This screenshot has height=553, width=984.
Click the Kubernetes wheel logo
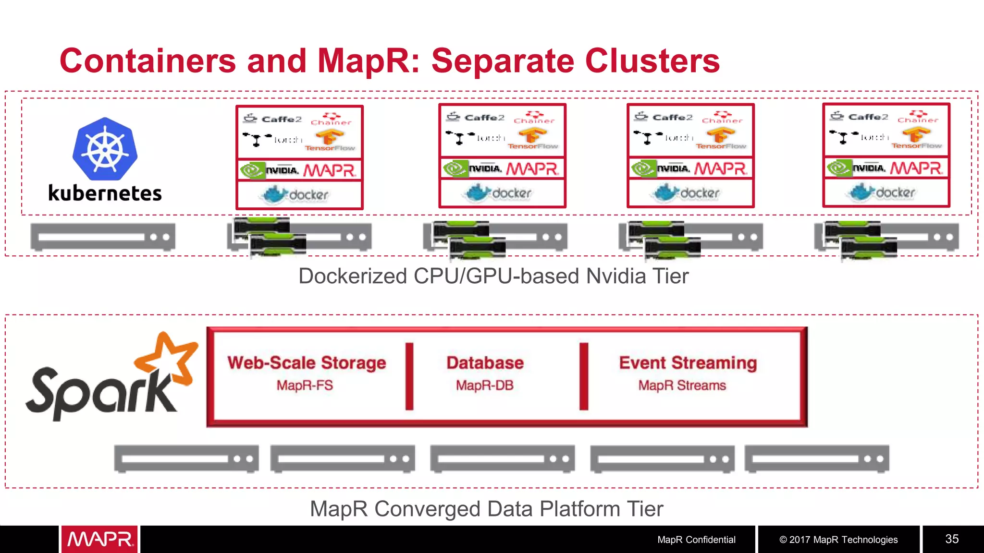[x=105, y=148]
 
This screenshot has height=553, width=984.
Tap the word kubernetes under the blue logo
[x=105, y=193]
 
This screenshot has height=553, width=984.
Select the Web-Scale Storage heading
[x=307, y=362]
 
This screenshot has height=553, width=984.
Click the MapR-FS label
[x=305, y=385]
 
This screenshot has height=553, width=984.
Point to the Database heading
[x=485, y=362]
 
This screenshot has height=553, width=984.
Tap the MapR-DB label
[x=484, y=385]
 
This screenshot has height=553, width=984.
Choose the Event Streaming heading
[x=688, y=362]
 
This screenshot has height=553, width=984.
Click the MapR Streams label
[x=682, y=385]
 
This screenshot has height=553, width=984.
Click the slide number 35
[x=952, y=539]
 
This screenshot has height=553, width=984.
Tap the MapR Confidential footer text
[x=696, y=540]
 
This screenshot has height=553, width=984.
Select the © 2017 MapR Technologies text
[x=838, y=540]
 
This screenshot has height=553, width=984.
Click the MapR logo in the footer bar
[x=99, y=540]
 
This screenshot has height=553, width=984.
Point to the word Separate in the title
[x=503, y=61]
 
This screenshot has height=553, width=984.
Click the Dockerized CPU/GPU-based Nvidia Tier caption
[x=493, y=276]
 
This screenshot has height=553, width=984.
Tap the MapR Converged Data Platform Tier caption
[x=486, y=509]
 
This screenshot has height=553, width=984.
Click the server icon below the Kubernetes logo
[x=103, y=237]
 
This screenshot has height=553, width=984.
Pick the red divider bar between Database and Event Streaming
[x=584, y=376]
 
